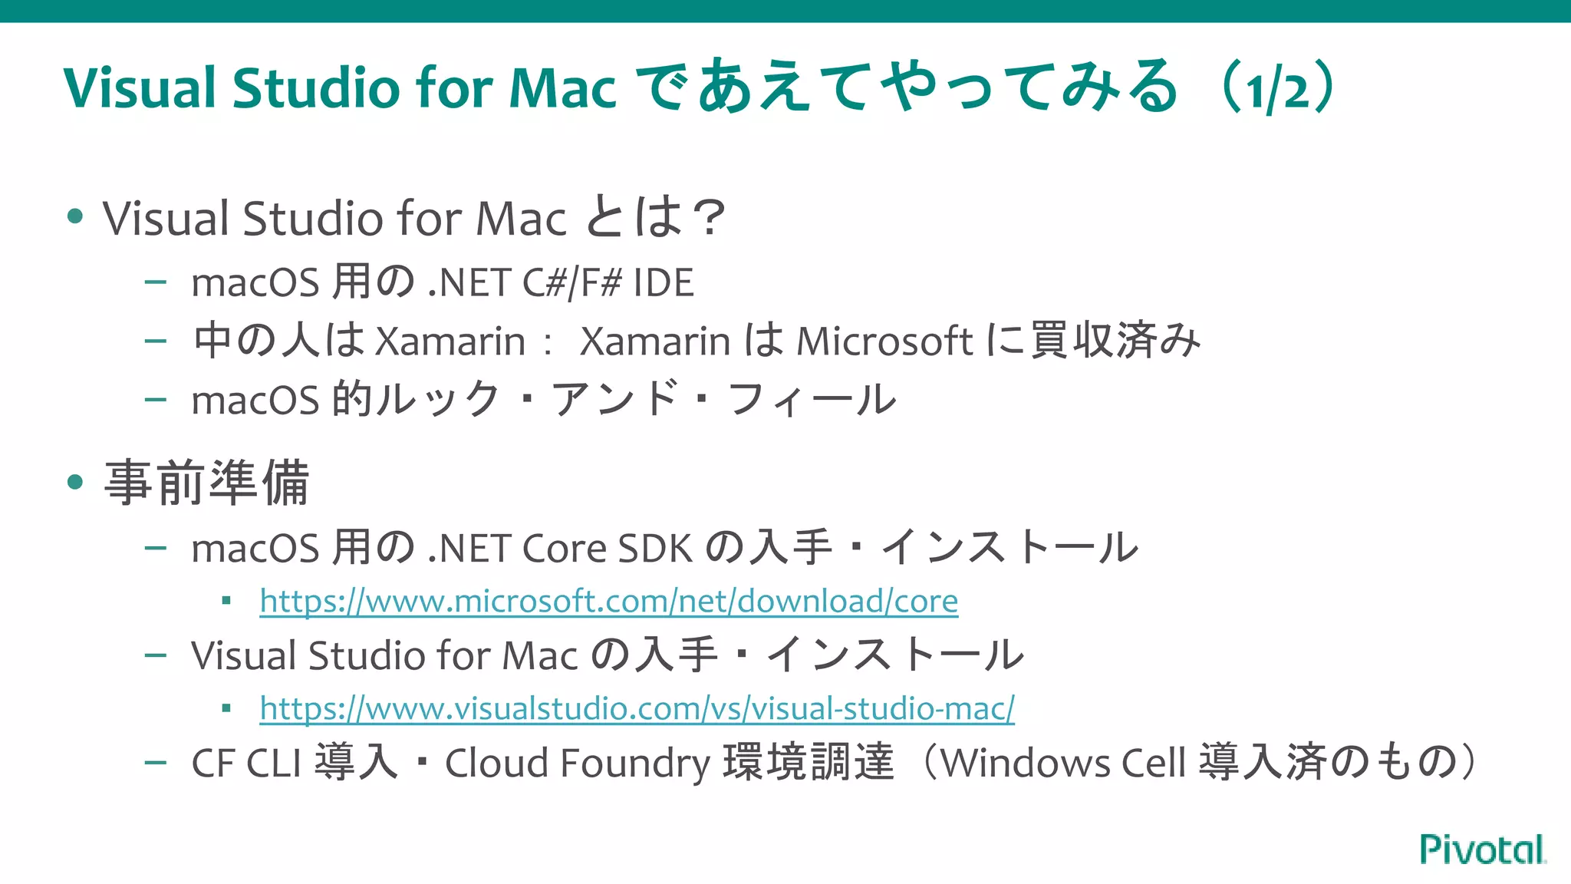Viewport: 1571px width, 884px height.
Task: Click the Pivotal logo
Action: [1482, 849]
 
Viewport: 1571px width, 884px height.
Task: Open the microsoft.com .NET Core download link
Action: [608, 601]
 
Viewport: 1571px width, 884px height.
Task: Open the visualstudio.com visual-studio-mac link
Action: [637, 708]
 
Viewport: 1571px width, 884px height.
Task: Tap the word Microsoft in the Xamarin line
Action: [884, 341]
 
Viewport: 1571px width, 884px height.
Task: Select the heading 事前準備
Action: [207, 483]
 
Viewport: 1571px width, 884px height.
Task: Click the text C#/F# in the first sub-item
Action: [571, 282]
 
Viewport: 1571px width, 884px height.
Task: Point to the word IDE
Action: [664, 282]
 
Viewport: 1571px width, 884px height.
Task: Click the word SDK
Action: [655, 549]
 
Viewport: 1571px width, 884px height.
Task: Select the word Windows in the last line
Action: [1026, 764]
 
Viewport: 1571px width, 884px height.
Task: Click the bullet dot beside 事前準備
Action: [75, 483]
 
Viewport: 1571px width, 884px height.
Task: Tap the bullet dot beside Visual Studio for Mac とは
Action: [75, 217]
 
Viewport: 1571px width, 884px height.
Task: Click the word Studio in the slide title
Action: [316, 87]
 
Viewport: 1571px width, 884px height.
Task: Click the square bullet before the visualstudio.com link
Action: [226, 708]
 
